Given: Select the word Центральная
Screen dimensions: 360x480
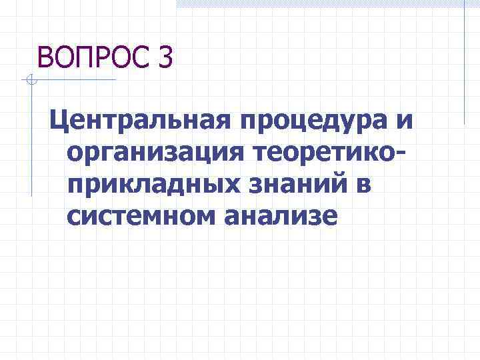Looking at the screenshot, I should point(134,121).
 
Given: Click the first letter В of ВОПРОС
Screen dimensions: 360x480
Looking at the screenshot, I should point(45,57).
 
